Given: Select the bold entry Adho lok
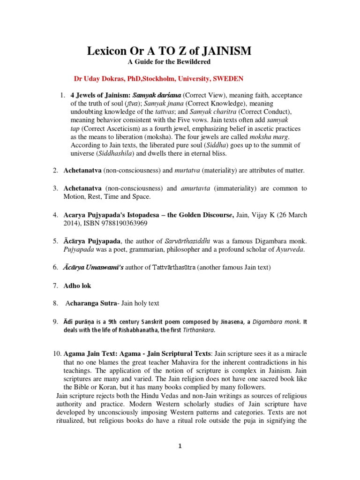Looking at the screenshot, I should pos(77,285).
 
